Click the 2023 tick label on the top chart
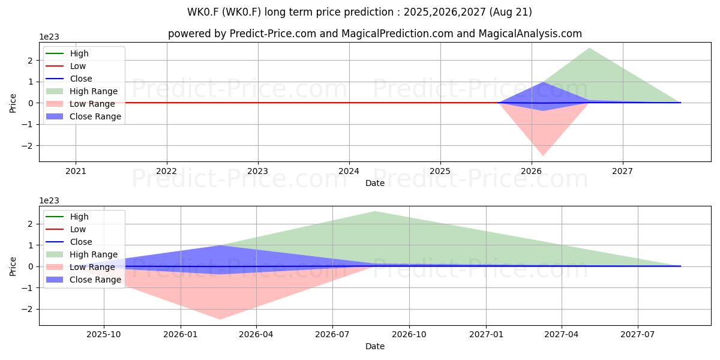pos(258,172)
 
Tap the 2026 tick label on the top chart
pos(532,172)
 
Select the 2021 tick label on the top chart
pos(76,172)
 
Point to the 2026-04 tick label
pos(256,335)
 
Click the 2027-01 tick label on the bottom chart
pos(486,335)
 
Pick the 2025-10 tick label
pos(104,335)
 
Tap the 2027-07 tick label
pos(637,335)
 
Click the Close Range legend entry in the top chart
pos(83,116)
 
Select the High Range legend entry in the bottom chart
pos(82,254)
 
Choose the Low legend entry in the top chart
pos(66,66)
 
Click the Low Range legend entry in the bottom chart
pos(80,267)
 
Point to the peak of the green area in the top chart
pos(589,48)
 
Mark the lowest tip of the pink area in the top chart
pos(543,156)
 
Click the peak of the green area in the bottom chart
pos(375,211)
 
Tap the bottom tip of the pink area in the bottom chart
pos(220,319)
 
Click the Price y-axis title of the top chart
pos(13,103)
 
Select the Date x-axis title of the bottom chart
pos(375,346)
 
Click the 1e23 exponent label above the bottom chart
pos(49,200)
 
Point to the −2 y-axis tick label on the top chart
pos(28,146)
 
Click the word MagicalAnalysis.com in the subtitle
pos(530,34)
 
